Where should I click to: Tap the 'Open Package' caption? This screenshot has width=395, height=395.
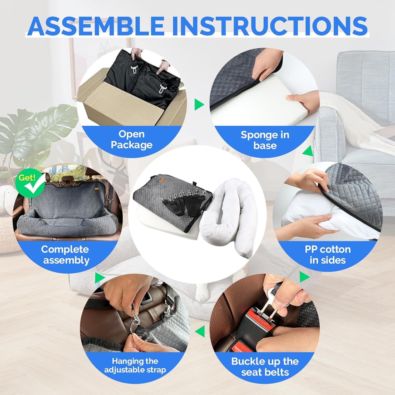click(x=132, y=140)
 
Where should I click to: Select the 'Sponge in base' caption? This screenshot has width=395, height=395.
click(x=265, y=140)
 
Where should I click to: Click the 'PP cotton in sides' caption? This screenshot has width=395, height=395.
click(x=328, y=255)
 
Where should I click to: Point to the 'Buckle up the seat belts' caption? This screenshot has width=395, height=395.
click(x=265, y=367)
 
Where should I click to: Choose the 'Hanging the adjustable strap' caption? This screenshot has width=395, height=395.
click(x=135, y=365)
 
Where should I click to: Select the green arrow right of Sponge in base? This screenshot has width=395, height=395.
click(x=308, y=151)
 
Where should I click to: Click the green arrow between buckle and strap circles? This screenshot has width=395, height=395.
click(x=200, y=331)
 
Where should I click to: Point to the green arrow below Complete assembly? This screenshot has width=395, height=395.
click(x=100, y=278)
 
